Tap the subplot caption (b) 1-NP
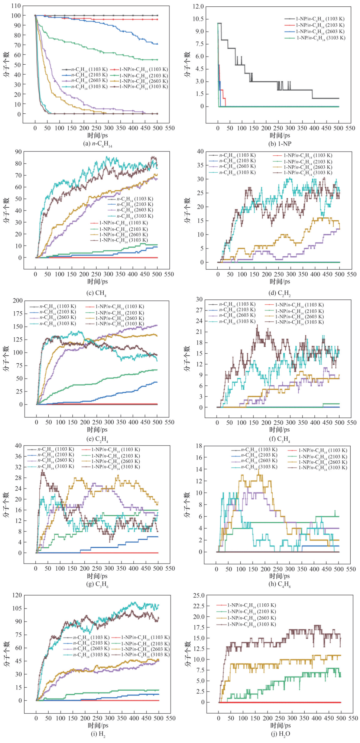280,144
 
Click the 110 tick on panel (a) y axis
16,6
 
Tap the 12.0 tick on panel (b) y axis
198,6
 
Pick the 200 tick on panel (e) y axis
17,301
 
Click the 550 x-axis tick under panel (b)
350,128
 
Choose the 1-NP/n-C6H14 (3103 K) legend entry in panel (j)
251,624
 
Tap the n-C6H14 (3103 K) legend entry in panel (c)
134,216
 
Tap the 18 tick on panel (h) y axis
199,446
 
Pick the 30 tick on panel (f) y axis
199,299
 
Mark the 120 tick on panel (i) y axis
17,595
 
